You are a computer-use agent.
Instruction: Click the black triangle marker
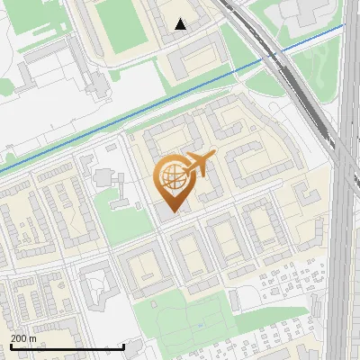181,24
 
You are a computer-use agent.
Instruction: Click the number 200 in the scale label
18,337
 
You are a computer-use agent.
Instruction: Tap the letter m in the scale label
32,337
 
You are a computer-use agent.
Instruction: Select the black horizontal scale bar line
67,346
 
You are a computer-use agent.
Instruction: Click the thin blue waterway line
108,125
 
